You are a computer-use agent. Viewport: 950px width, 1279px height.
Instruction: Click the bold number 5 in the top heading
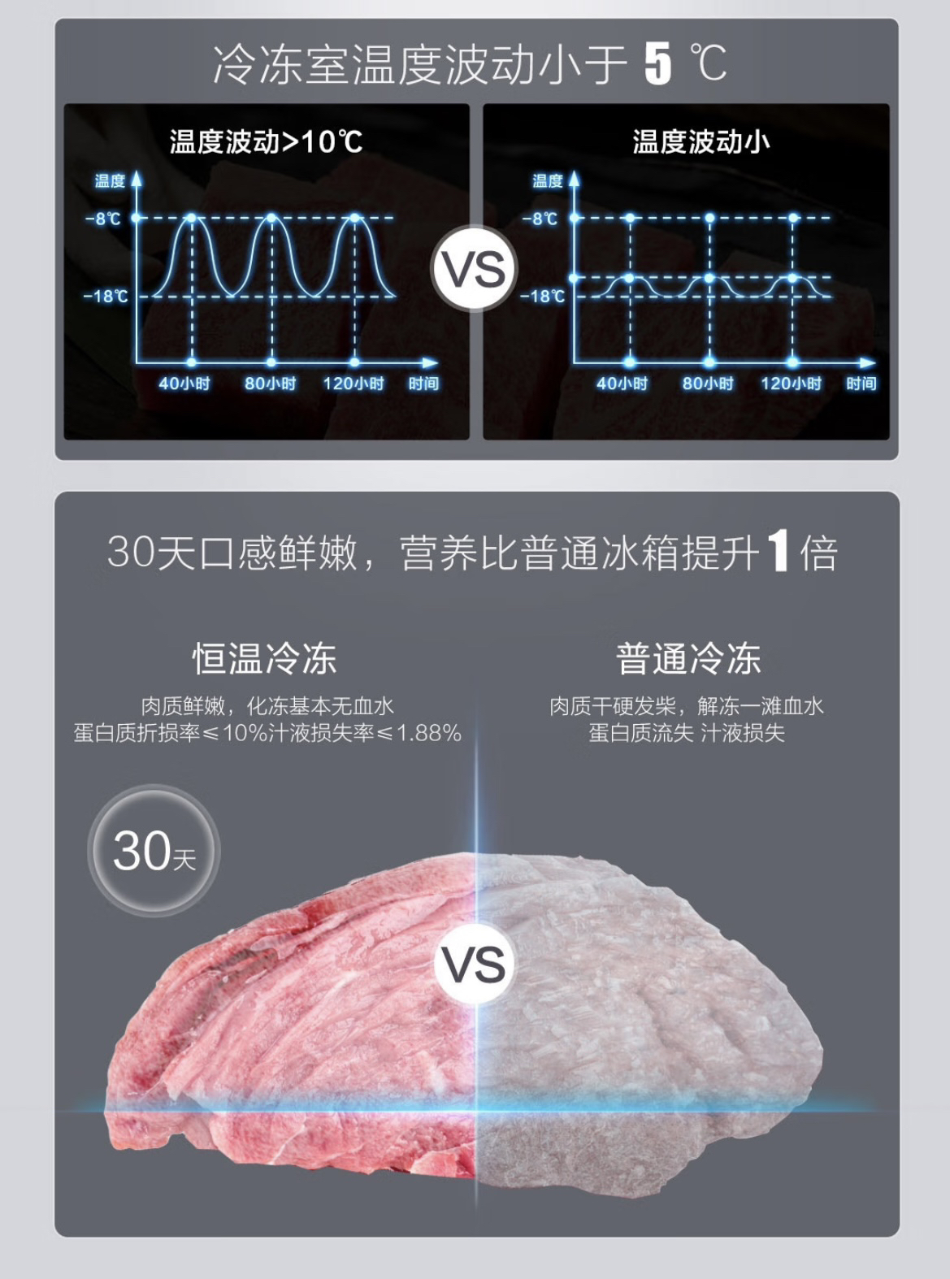[x=657, y=63]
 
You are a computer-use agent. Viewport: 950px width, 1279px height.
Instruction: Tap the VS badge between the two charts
[x=474, y=268]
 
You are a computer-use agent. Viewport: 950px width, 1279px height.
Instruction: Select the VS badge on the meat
[x=475, y=964]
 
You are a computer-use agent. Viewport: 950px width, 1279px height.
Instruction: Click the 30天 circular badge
[x=154, y=851]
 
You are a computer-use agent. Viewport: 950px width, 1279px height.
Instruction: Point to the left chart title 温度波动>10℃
[x=266, y=142]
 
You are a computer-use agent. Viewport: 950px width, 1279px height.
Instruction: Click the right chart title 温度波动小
[x=701, y=142]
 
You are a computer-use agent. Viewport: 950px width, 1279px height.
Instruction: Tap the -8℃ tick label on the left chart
[x=103, y=218]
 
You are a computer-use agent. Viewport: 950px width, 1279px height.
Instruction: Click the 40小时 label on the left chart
[x=184, y=384]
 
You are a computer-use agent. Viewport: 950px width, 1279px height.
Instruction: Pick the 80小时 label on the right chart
[x=707, y=384]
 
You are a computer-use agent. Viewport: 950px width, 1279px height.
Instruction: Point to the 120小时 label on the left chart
[x=353, y=384]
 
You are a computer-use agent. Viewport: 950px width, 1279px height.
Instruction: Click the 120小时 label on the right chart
[x=791, y=384]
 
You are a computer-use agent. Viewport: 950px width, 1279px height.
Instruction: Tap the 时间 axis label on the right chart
[x=861, y=384]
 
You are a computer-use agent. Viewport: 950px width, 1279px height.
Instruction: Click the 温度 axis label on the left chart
[x=110, y=180]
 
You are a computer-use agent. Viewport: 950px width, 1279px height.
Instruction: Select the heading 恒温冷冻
[x=264, y=658]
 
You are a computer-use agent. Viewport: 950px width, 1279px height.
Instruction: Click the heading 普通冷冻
[x=688, y=658]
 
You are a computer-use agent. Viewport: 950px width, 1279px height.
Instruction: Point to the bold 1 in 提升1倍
[x=779, y=552]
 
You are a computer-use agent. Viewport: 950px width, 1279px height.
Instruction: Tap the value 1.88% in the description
[x=428, y=733]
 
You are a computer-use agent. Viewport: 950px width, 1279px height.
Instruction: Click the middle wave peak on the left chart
[x=271, y=219]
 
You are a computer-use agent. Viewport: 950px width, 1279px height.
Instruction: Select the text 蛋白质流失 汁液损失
[x=687, y=733]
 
